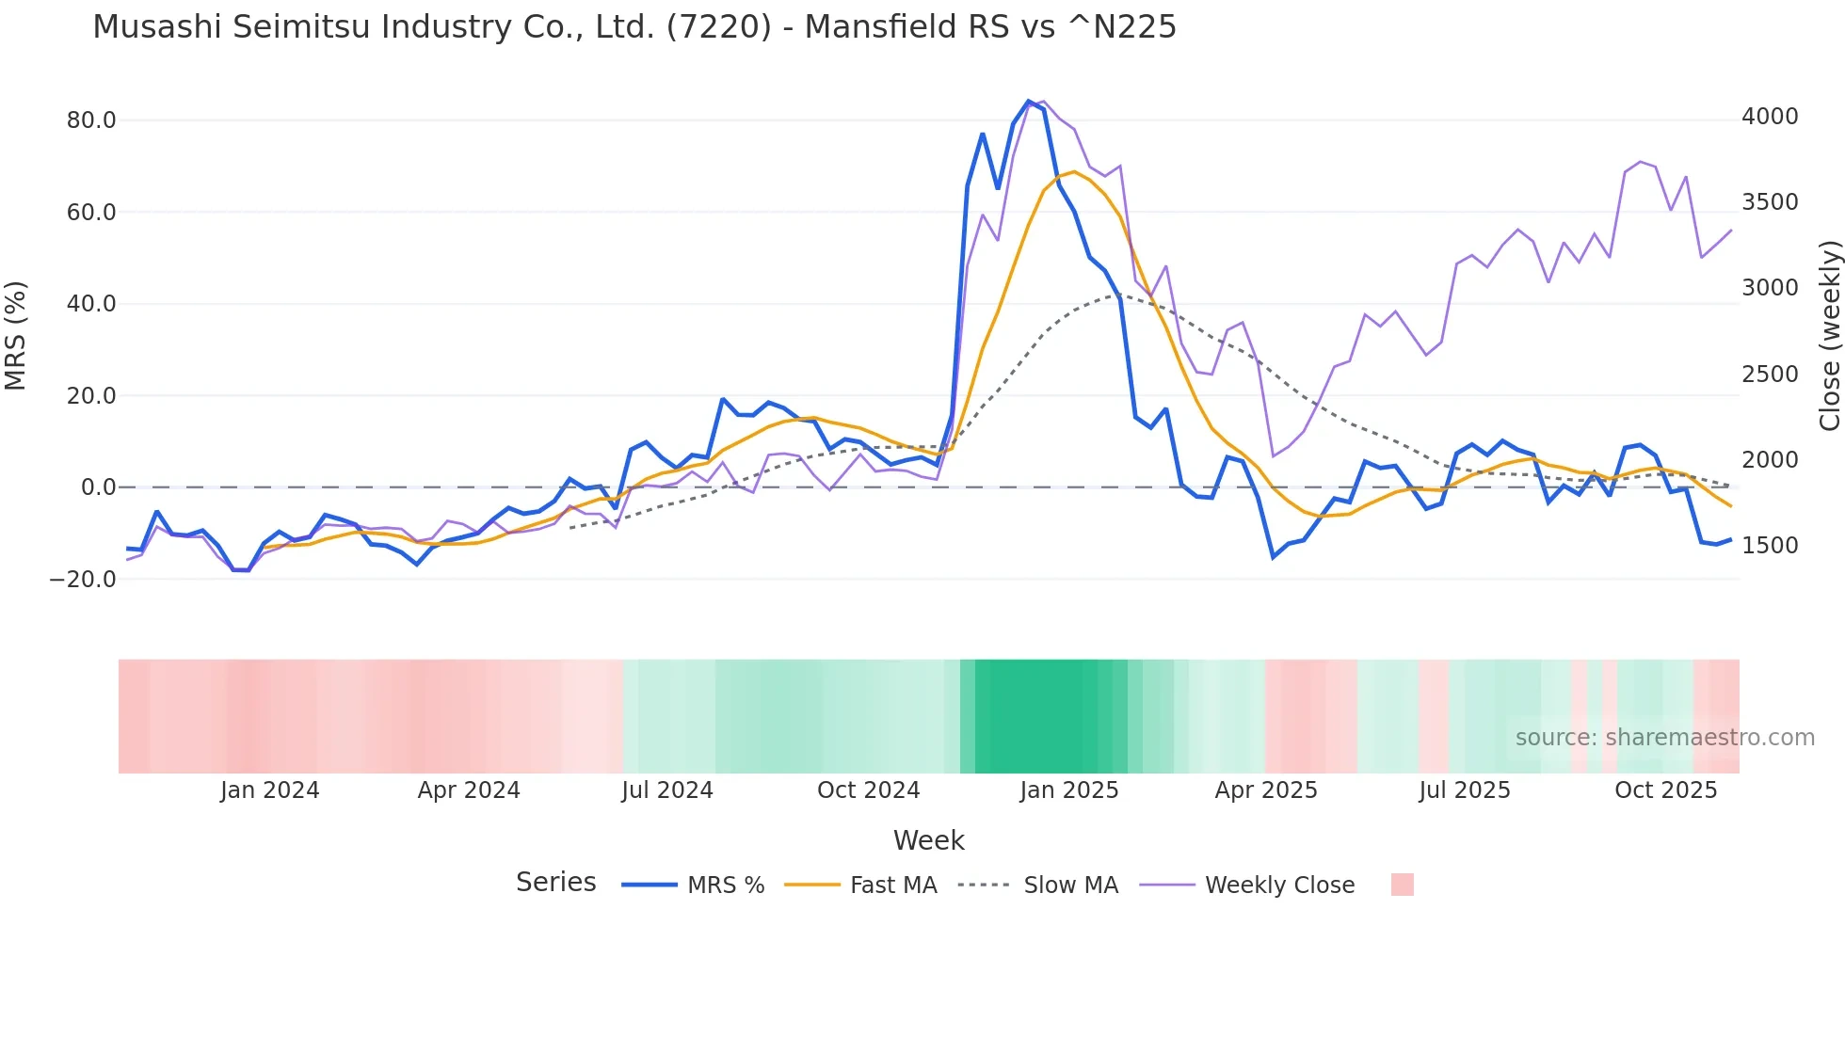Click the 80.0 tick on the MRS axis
coord(90,120)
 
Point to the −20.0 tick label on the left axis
coord(83,580)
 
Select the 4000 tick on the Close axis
coord(1770,117)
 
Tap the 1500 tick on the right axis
coord(1770,546)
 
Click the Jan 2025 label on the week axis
coord(1068,790)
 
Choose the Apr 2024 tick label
coord(469,790)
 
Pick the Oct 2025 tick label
coord(1665,790)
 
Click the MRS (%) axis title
coord(16,335)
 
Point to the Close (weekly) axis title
coord(1829,335)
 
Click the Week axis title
coord(928,840)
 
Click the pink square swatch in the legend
coord(1402,885)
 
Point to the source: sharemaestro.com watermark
coord(1664,738)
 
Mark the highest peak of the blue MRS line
coord(1029,101)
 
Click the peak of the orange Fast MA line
coord(1074,172)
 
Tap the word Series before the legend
coord(555,883)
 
